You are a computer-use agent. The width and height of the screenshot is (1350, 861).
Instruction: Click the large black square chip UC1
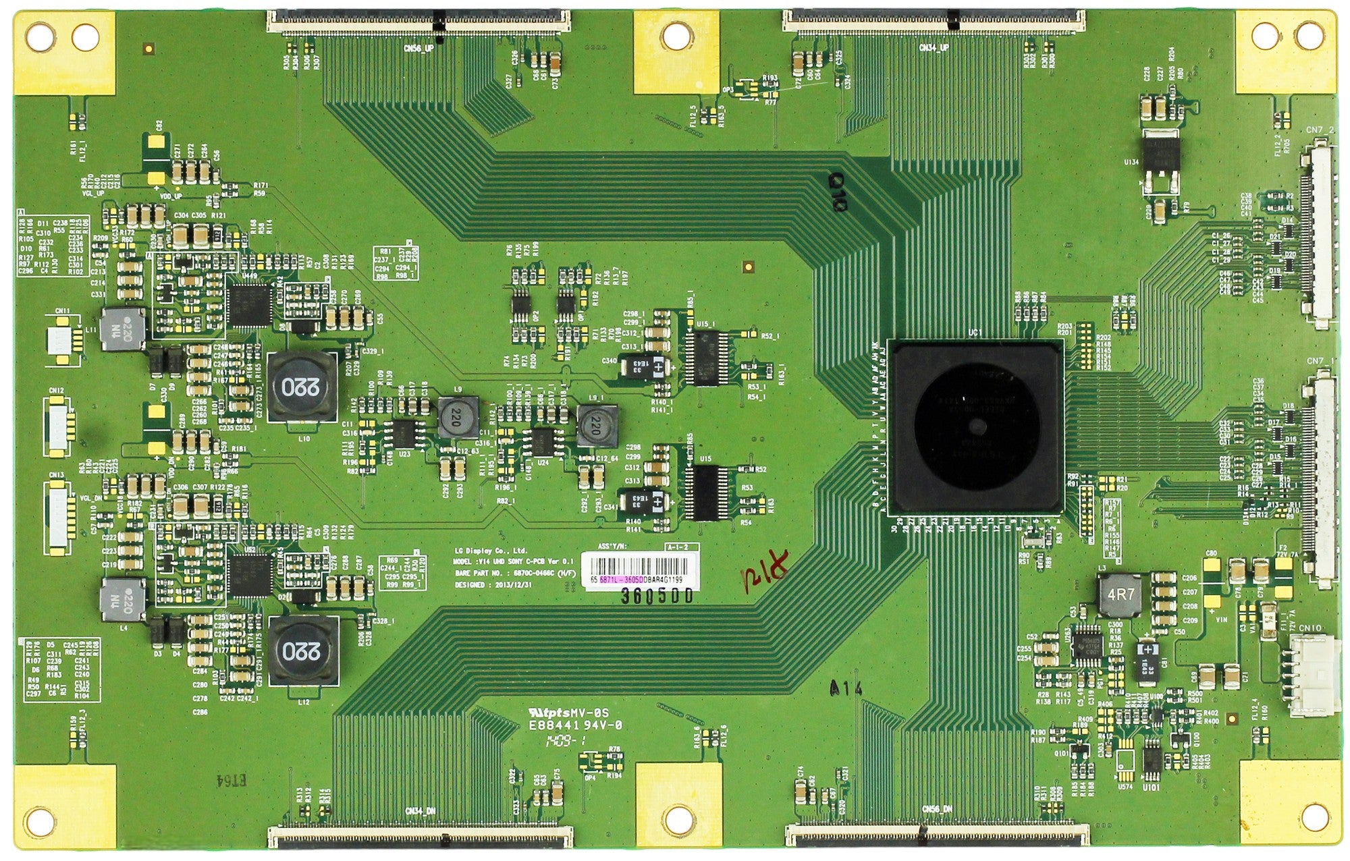pyautogui.click(x=976, y=426)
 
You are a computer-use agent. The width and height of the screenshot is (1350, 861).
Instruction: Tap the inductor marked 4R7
pyautogui.click(x=1121, y=595)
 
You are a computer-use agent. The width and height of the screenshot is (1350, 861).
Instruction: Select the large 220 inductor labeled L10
pyautogui.click(x=302, y=387)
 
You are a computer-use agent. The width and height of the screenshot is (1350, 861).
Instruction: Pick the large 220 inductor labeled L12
pyautogui.click(x=302, y=650)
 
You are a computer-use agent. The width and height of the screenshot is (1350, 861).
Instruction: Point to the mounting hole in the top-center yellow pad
pyautogui.click(x=677, y=37)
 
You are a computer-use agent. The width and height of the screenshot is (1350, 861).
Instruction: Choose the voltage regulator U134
pyautogui.click(x=1160, y=161)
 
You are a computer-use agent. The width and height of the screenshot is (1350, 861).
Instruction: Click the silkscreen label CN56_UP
pyautogui.click(x=419, y=49)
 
